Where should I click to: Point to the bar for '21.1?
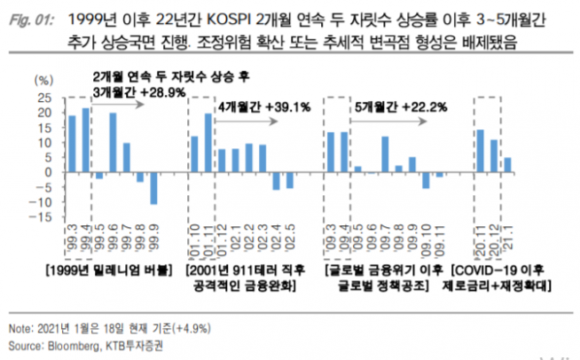point(507,165)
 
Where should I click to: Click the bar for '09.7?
point(385,154)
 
